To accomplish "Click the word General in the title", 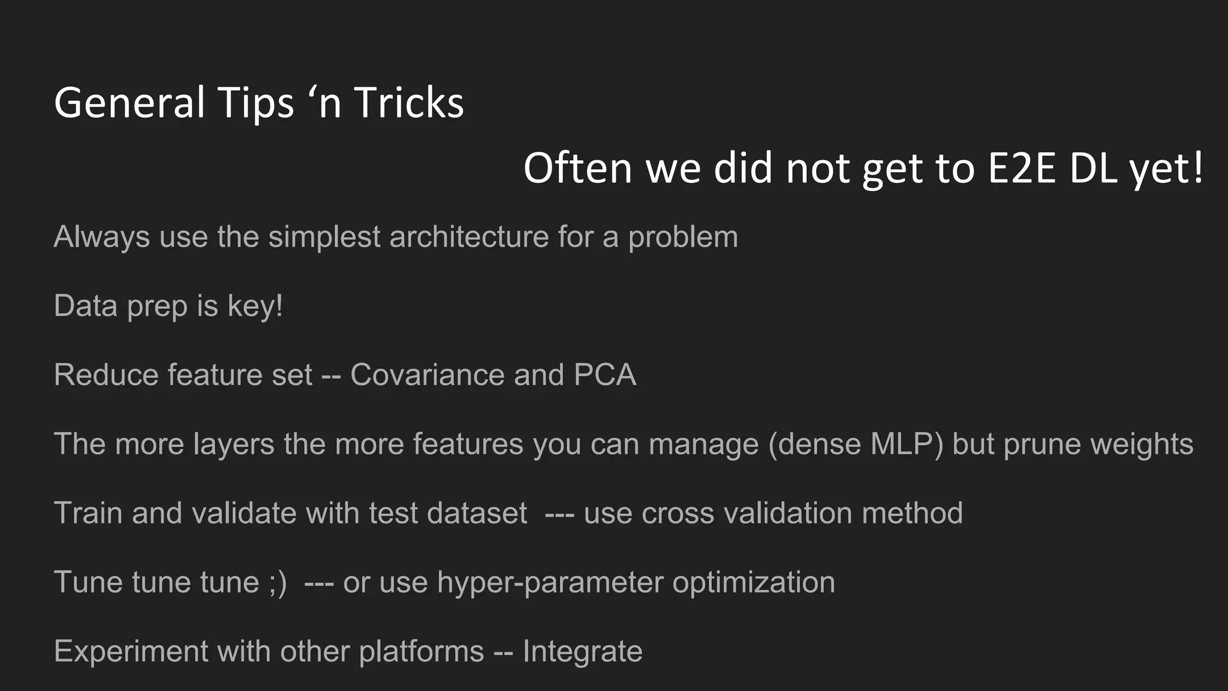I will coord(130,103).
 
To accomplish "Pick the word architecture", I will coord(469,237).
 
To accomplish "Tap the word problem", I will coord(683,237).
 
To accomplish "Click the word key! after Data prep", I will coord(255,306).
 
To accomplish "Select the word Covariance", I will coord(428,375).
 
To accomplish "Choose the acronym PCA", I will coord(604,375).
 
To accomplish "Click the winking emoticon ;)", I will coord(278,582).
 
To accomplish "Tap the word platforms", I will coord(421,651).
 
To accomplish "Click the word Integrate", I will coord(582,651).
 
